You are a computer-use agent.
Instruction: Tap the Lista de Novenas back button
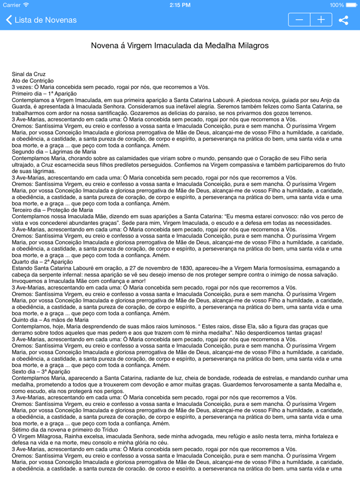[41, 20]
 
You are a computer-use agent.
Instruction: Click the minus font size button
[299, 20]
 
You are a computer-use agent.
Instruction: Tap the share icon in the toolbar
[344, 20]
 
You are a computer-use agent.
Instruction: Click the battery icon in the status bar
[351, 5]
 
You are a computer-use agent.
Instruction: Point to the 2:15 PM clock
[180, 5]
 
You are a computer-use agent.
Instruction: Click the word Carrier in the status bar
[12, 5]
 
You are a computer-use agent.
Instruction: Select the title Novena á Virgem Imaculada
[179, 46]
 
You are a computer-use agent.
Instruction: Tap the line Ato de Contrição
[32, 81]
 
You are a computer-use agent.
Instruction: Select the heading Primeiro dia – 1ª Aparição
[44, 94]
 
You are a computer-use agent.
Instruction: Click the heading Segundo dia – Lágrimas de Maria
[53, 152]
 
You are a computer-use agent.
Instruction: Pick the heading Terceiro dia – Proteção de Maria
[52, 210]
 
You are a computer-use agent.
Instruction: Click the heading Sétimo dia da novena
[65, 430]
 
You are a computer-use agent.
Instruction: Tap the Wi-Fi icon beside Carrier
[26, 5]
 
